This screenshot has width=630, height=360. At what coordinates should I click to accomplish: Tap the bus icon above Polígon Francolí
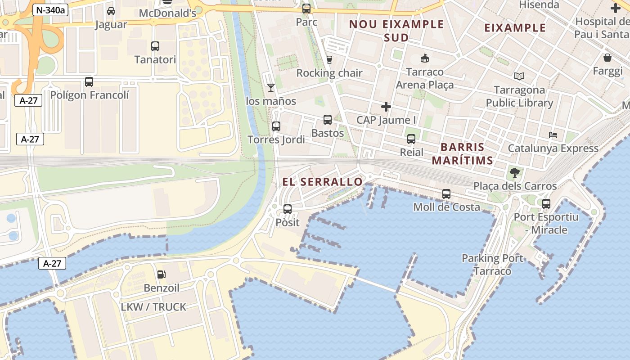point(89,82)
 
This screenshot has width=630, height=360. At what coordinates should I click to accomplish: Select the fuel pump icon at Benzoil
point(161,274)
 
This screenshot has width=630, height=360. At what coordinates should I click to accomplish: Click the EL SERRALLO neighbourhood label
point(322,182)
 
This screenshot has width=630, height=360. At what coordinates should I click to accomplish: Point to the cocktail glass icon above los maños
point(271,87)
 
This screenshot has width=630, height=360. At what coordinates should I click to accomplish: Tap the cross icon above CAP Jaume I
point(386,107)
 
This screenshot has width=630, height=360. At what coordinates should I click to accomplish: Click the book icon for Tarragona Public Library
point(519,76)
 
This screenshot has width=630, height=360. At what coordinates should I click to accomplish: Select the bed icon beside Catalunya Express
point(553,135)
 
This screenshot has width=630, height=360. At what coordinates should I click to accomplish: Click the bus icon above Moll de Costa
point(446,194)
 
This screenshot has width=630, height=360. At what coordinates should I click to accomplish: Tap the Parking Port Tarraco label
point(492,265)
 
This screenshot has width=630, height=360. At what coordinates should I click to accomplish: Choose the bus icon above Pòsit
point(288,209)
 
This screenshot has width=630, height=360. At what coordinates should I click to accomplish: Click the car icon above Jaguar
point(111,11)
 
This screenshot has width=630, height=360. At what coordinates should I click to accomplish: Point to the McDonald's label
point(167,13)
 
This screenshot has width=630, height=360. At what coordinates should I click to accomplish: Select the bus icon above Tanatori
point(155,46)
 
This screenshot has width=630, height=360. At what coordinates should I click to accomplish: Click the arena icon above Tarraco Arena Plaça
point(424,58)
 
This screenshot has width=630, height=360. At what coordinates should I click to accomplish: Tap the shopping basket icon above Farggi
point(607,58)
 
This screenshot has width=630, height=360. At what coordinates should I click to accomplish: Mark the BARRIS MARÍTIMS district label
point(463,153)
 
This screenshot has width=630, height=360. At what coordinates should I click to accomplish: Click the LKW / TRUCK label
point(153,307)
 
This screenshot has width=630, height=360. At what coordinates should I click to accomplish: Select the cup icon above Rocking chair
point(329,59)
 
